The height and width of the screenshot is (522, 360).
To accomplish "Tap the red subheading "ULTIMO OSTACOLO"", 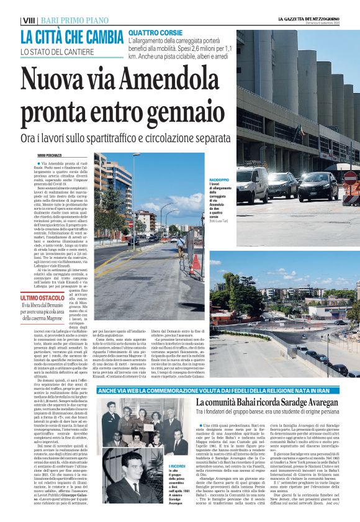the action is point(43,299).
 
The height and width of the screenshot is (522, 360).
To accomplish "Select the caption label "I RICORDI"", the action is point(178,466).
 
